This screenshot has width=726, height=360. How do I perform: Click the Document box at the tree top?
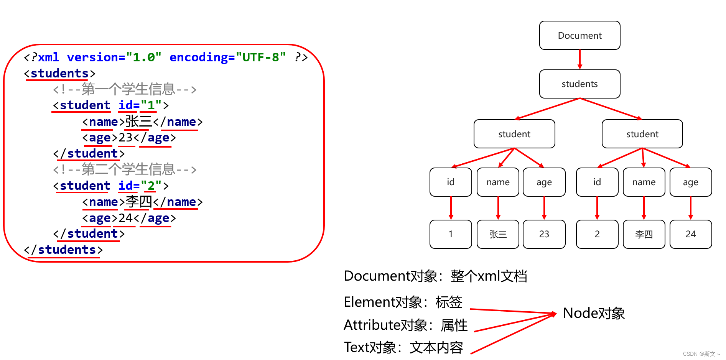tap(579, 35)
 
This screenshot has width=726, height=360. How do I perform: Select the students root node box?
tap(579, 84)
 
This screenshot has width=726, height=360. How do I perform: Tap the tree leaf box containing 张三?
tap(498, 234)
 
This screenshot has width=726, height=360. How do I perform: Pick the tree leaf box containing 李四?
tap(644, 234)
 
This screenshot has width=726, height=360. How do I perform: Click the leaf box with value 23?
tap(544, 234)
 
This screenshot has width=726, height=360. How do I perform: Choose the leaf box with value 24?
tap(690, 234)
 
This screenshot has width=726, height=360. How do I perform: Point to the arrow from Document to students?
tap(579, 59)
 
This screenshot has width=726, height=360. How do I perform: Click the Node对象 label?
tap(594, 313)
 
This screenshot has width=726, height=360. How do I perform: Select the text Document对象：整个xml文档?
tap(435, 276)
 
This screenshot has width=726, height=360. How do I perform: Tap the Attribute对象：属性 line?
tap(405, 325)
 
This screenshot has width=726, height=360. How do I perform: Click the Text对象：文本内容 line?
tap(403, 347)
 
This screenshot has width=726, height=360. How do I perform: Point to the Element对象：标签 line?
tap(403, 302)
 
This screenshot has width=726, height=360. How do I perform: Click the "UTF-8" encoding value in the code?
tap(261, 57)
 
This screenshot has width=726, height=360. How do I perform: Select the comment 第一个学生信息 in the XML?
tap(125, 89)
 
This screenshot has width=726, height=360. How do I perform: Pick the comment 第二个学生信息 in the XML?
tap(125, 169)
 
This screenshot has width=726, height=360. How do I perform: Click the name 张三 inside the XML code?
tap(139, 122)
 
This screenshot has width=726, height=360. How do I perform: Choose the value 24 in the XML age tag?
tap(125, 218)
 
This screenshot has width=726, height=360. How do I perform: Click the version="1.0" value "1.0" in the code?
tap(143, 57)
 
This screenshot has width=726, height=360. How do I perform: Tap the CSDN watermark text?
tap(701, 354)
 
